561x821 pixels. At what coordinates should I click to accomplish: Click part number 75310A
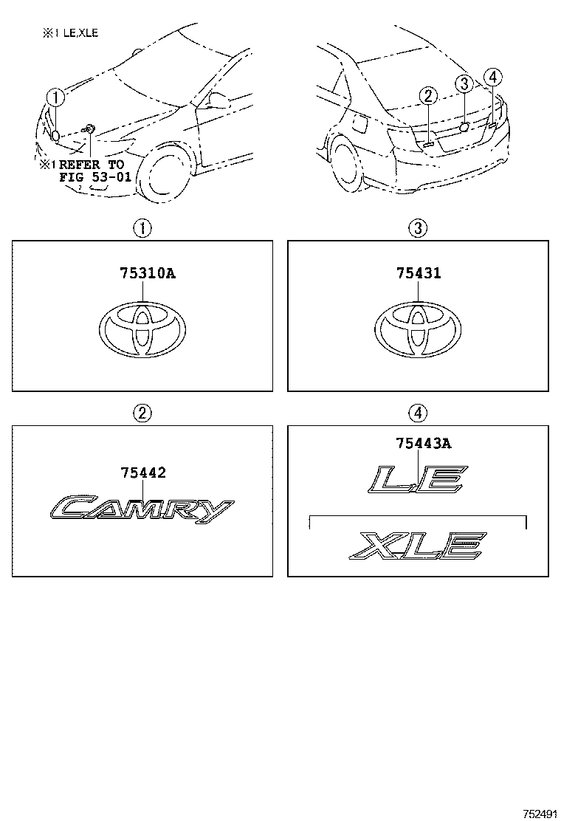coord(148,272)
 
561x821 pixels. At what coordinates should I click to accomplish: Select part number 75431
coord(419,272)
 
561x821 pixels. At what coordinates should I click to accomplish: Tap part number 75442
coord(143,473)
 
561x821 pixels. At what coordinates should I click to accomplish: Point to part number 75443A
coord(424,444)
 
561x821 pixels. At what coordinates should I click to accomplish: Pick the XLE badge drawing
coord(418,545)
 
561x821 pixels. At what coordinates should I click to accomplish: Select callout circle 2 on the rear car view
coord(428,96)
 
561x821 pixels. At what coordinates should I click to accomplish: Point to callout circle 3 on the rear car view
coord(464,83)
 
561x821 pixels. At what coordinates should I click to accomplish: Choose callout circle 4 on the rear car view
coord(493,78)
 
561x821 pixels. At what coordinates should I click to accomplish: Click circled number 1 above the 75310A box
coord(142,228)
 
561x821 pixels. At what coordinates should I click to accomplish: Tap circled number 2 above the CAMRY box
coord(142,413)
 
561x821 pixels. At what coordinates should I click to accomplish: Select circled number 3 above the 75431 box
coord(418,228)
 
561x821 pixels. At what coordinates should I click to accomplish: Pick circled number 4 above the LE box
coord(418,413)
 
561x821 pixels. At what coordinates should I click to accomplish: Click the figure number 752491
coord(539,813)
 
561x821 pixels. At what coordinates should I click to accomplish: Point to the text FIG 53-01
coord(95,177)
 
